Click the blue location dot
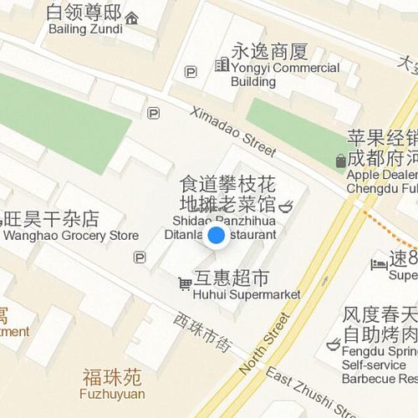point(216,236)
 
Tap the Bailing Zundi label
point(84,21)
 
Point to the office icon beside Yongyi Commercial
point(222,64)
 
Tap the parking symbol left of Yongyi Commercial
point(191,73)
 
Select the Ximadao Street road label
point(232,132)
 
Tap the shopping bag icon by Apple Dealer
point(340,161)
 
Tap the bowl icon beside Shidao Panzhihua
point(285,204)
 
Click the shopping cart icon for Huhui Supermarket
point(184,285)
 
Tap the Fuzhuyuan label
point(112,384)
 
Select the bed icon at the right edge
point(379,263)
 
